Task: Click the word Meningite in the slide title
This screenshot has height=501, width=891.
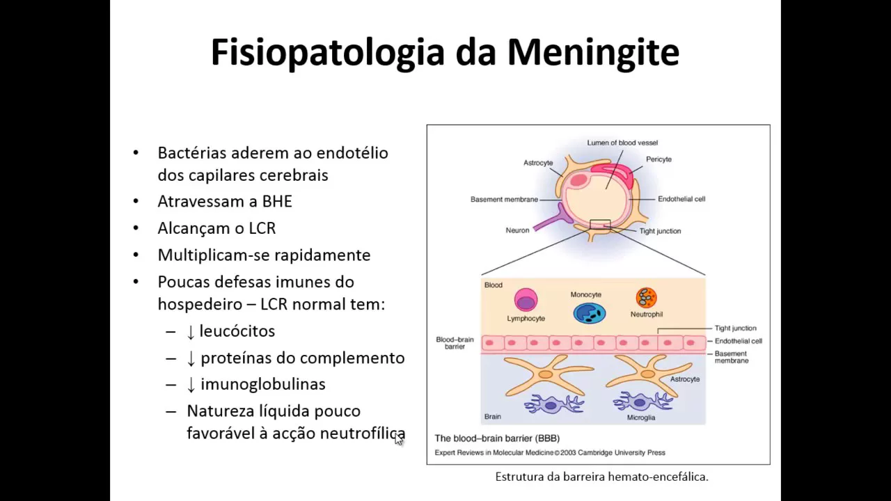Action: tap(593, 53)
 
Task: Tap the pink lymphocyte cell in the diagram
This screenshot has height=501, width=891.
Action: tap(526, 300)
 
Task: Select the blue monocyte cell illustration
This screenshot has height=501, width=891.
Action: tap(589, 313)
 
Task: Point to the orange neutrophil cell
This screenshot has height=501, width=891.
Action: tap(646, 298)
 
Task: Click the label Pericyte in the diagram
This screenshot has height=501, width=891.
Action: tap(659, 159)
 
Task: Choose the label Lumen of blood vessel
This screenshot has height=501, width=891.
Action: tap(622, 143)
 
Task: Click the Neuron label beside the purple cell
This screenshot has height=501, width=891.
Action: tap(517, 230)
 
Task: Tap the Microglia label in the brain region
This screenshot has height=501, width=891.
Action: tap(640, 417)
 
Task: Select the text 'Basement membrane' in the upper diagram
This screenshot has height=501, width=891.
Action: tap(504, 200)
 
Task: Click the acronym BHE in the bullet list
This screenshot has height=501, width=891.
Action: tap(277, 202)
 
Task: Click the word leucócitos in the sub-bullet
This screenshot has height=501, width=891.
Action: tap(237, 331)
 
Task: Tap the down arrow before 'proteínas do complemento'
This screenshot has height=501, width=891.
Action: tap(191, 358)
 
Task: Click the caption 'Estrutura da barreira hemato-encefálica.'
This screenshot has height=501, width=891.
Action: tap(601, 477)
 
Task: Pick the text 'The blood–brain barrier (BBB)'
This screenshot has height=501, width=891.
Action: tap(497, 438)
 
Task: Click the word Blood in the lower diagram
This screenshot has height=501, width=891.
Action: tap(493, 285)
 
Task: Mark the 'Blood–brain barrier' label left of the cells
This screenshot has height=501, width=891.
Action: tap(455, 343)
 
